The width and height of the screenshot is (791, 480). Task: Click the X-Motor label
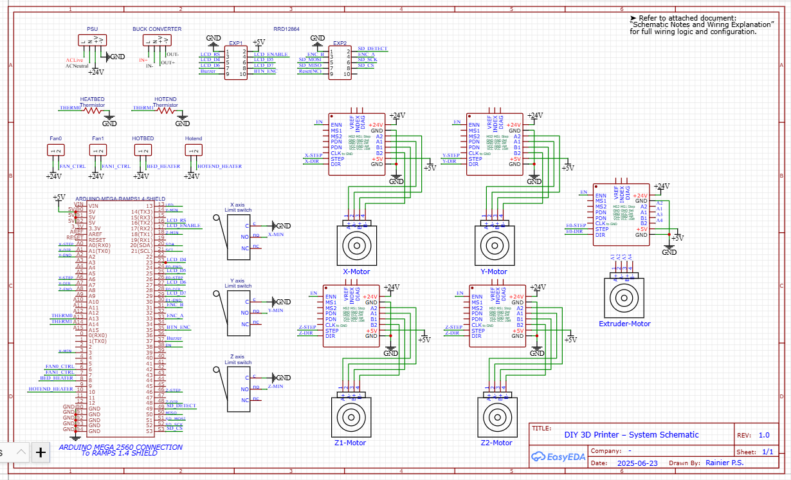click(356, 272)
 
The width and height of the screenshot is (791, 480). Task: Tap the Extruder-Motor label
click(624, 324)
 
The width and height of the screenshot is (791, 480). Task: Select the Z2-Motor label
click(496, 443)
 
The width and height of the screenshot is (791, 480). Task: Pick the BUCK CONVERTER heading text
click(157, 29)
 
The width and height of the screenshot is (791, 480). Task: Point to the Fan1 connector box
click(97, 150)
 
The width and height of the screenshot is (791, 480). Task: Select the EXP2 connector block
click(340, 62)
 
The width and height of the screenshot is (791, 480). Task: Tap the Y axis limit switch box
click(238, 313)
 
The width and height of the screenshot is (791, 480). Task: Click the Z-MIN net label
click(275, 386)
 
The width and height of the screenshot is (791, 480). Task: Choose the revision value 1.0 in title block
click(763, 435)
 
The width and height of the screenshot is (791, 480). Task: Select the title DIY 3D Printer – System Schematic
click(631, 435)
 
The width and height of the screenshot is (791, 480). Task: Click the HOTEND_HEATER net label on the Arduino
click(51, 389)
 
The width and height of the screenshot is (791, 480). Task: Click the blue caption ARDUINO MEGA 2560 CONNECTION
click(120, 447)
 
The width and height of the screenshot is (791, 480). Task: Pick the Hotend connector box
click(194, 150)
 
